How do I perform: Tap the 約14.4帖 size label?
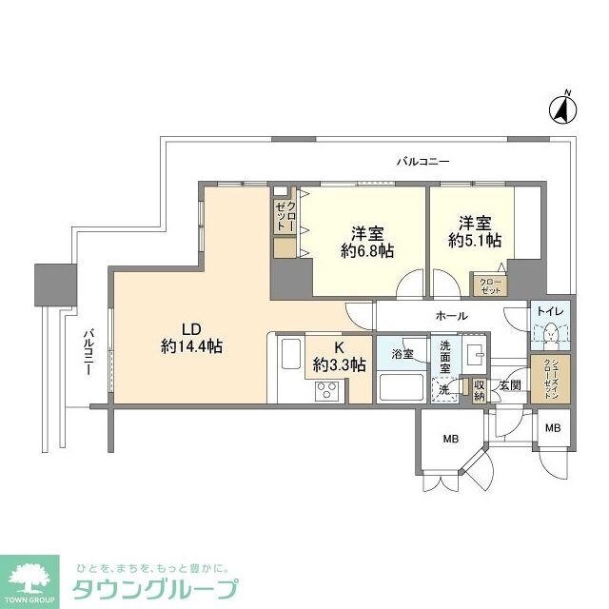point(191,347)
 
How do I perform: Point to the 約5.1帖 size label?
point(476,242)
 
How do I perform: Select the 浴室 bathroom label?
point(402,353)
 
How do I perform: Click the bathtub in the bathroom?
point(402,387)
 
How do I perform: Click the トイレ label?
point(550,311)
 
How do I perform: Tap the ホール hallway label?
point(451,315)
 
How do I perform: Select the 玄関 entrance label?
point(509,384)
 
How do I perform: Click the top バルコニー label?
point(422,162)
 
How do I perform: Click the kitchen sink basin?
point(289,357)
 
